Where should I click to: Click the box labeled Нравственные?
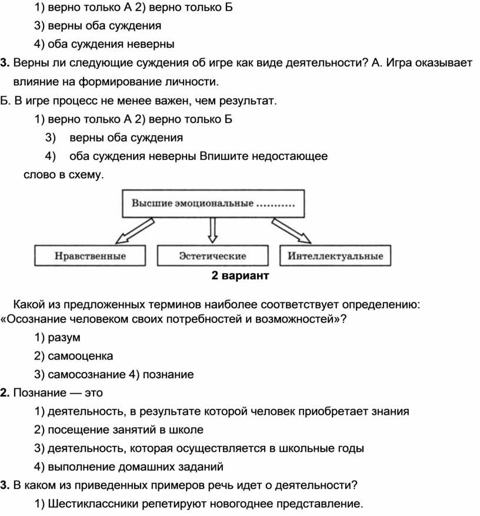tap(90, 255)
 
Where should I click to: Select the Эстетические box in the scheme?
tap(212, 255)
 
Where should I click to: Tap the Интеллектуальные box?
tap(335, 255)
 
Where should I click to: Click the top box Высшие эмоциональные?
tap(213, 204)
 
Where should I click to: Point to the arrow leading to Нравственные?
tap(135, 231)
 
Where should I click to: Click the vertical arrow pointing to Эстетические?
tap(212, 231)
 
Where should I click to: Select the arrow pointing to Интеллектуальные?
tap(291, 231)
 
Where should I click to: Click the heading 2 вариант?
tap(240, 275)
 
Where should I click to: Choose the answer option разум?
tap(64, 338)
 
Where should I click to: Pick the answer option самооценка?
tap(80, 356)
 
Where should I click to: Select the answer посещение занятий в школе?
tap(125, 430)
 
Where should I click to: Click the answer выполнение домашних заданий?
tap(135, 467)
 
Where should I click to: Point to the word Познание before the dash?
tap(40, 393)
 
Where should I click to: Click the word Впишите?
tap(224, 156)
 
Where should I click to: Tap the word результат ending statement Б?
tap(247, 101)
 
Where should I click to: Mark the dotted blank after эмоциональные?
tap(275, 205)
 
